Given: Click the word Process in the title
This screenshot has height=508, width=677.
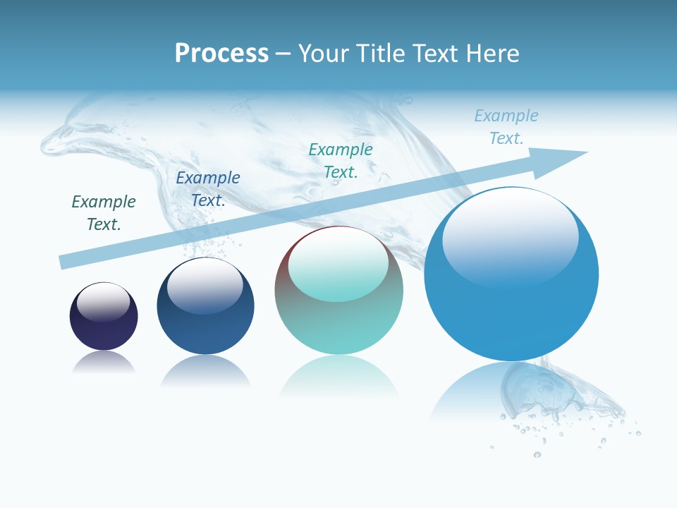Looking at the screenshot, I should coord(221,53).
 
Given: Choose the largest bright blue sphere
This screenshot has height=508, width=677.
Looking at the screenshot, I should coord(511,310).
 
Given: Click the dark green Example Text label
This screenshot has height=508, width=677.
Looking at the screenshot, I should coord(104,213).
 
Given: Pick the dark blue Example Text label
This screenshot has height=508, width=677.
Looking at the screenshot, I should coord(208,189).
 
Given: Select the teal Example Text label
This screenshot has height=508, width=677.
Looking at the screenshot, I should coord(341,161).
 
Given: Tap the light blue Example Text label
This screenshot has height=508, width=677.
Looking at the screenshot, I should coord(506,127).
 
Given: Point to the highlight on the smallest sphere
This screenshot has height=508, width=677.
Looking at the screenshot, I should coord(103,301).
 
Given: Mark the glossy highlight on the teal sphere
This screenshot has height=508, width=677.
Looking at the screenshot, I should coord(338,265).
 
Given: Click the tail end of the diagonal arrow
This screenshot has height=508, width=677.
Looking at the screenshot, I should coord(65,261).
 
